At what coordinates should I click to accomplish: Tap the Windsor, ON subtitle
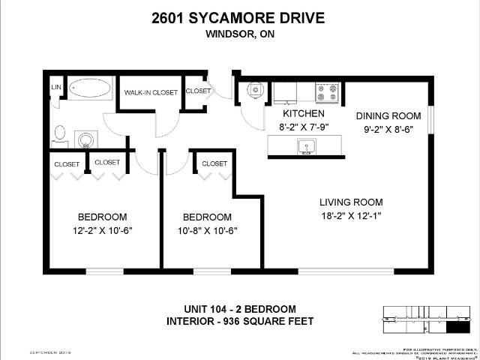click(239, 34)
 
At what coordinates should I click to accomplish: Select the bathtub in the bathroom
click(91, 89)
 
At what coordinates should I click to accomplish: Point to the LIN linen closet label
click(55, 88)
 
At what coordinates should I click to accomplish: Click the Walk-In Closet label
click(151, 92)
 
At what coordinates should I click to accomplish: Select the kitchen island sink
click(305, 147)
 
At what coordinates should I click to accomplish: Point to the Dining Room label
click(385, 115)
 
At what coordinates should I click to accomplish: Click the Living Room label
click(351, 202)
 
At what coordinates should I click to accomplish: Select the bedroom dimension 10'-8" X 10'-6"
click(210, 230)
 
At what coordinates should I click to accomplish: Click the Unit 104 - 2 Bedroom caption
click(239, 309)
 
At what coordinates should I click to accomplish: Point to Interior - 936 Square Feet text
click(239, 322)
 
